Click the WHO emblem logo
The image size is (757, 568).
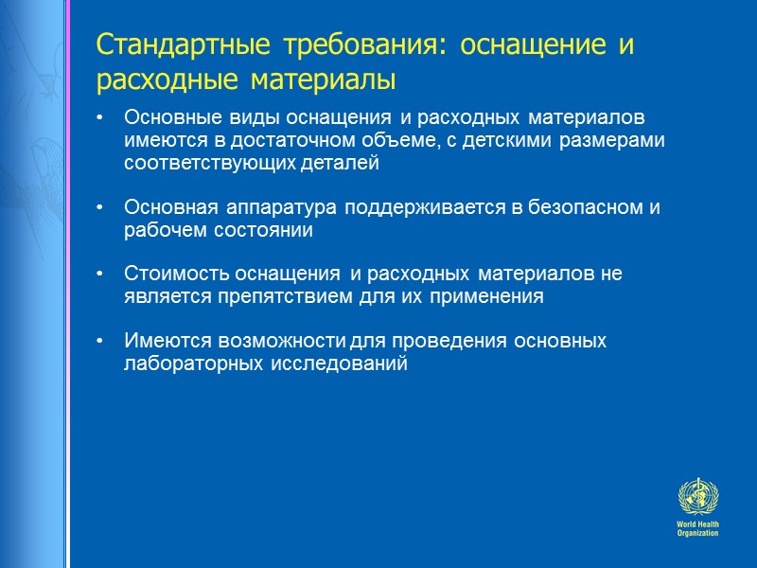click(x=697, y=497)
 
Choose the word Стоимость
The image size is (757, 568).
click(x=168, y=275)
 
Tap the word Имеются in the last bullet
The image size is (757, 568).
click(x=159, y=341)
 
